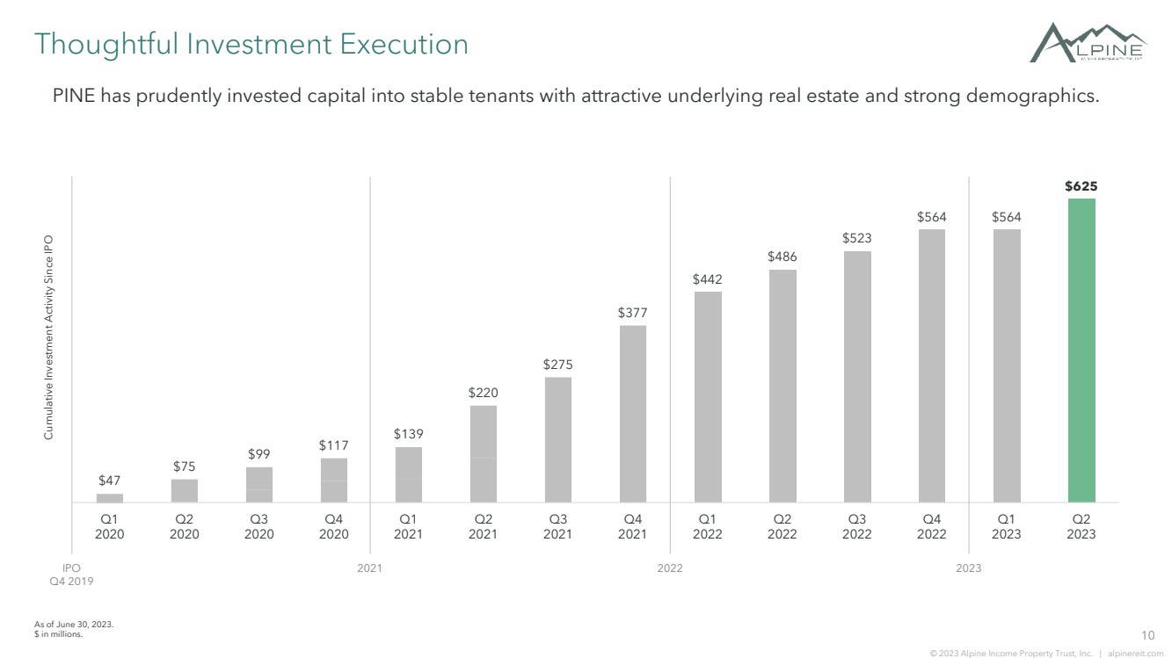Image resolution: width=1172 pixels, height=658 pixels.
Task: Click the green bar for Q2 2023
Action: (x=1081, y=351)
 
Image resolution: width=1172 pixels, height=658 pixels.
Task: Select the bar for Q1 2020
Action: (x=110, y=498)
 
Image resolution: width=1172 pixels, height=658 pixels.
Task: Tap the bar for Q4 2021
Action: (x=633, y=414)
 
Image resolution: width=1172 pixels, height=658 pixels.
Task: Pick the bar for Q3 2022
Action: (x=857, y=377)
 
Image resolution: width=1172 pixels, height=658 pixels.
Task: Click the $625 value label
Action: (x=1081, y=186)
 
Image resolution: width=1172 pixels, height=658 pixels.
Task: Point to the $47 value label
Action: (x=109, y=481)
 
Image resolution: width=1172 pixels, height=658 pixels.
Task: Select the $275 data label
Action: (x=557, y=365)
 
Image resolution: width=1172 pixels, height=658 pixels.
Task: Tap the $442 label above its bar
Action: (x=708, y=279)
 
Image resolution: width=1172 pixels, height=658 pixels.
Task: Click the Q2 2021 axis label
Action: (x=483, y=526)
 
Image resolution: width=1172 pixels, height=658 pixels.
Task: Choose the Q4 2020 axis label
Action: (x=334, y=526)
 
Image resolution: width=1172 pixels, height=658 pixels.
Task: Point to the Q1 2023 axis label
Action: (x=1006, y=526)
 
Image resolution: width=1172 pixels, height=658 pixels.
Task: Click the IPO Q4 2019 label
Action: (x=71, y=575)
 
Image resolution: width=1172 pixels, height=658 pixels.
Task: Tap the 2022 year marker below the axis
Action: (x=670, y=568)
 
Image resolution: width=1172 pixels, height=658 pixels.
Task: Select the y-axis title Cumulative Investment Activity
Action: (x=48, y=337)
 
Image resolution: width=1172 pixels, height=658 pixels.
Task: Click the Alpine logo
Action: (x=1088, y=43)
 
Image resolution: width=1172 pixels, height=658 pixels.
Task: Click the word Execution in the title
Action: (x=404, y=44)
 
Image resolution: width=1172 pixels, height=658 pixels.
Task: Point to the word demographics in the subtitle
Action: (x=1033, y=96)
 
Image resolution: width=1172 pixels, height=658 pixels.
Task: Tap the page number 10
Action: (x=1148, y=635)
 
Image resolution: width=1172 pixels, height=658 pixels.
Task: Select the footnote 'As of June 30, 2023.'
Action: (x=74, y=624)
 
